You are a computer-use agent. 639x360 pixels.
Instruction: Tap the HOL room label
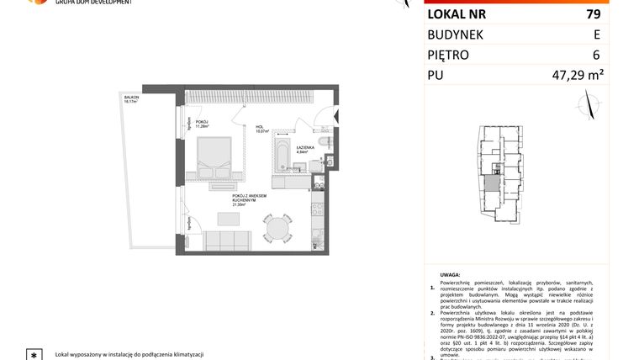[x=261, y=129]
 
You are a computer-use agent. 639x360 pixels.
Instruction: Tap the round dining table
[x=275, y=228]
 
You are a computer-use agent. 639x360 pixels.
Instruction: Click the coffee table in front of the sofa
[x=229, y=220]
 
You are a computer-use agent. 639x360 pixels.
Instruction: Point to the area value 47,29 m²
[x=577, y=77]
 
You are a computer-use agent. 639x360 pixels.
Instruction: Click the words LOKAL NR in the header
[x=457, y=14]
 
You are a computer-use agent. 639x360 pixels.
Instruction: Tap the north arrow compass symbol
[x=589, y=106]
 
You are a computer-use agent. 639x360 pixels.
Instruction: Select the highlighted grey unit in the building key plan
[x=489, y=185]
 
